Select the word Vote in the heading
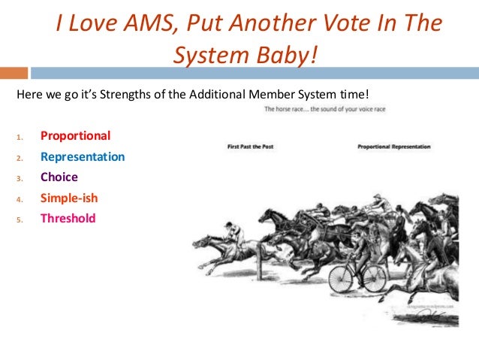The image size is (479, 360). [x=336, y=25]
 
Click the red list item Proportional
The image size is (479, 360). [x=75, y=136]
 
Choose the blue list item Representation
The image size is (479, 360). [x=83, y=157]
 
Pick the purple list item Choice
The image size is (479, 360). [x=59, y=177]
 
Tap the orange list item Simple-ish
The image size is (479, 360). [x=69, y=198]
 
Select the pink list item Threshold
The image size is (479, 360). [x=68, y=219]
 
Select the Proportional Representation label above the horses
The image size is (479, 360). [x=394, y=147]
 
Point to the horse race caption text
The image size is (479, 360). [x=324, y=110]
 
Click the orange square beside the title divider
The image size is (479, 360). [x=14, y=74]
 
